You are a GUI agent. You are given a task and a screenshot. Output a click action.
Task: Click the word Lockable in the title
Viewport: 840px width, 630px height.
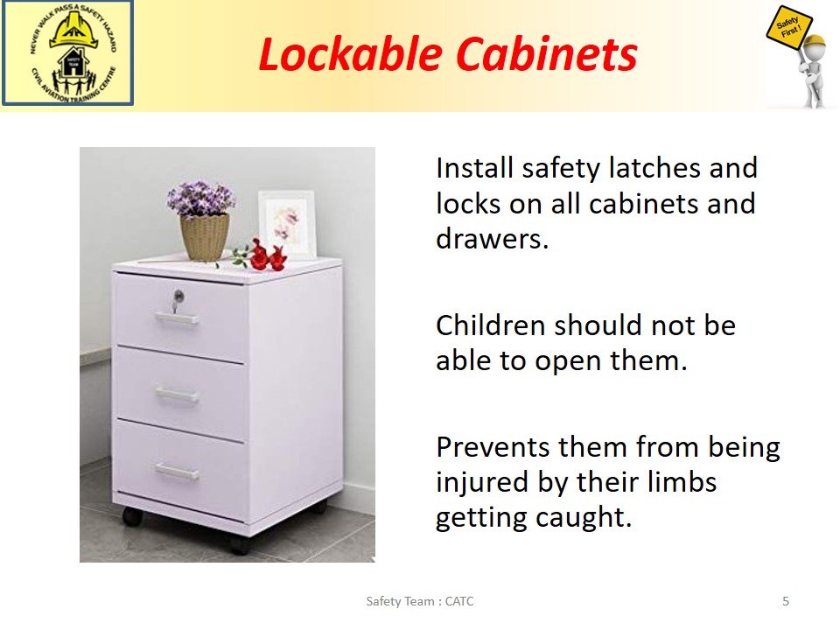tap(350, 54)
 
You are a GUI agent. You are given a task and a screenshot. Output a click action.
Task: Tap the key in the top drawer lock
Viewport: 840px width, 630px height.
tap(178, 300)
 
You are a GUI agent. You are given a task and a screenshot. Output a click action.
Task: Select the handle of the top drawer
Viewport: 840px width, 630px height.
tap(177, 318)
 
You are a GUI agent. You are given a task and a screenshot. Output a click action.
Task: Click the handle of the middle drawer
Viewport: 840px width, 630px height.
tap(177, 395)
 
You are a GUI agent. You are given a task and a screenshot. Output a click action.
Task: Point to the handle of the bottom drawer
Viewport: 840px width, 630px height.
tap(177, 472)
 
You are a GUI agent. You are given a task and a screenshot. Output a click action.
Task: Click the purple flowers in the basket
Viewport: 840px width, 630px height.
tap(201, 199)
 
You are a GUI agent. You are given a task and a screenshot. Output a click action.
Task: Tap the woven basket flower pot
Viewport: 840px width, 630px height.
tap(205, 237)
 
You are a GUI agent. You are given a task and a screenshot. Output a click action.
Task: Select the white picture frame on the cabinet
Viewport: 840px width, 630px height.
tap(287, 224)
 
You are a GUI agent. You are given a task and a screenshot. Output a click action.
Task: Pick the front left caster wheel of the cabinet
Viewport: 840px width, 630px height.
tap(132, 516)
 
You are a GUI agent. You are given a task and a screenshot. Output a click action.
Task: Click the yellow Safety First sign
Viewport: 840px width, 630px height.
tap(789, 30)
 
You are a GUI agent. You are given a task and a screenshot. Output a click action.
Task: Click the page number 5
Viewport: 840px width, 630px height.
tap(786, 601)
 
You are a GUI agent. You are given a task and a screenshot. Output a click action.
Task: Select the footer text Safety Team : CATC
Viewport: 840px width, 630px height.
tap(419, 601)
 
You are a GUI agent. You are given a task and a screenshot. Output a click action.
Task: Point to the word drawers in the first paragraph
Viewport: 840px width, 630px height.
tap(492, 239)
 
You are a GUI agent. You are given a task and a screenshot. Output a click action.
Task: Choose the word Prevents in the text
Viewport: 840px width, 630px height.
tap(493, 447)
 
